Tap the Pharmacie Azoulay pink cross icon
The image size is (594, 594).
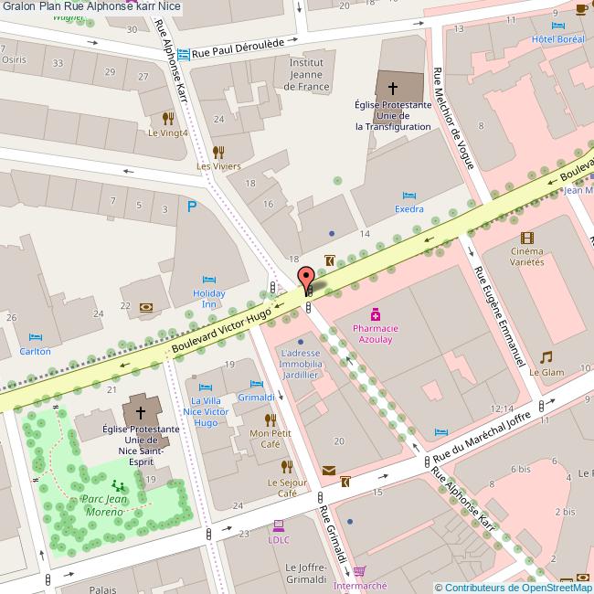pyautogui.click(x=375, y=313)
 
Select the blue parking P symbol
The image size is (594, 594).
pyautogui.click(x=191, y=207)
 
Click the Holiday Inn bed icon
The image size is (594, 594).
pyautogui.click(x=208, y=278)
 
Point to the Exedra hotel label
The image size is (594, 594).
pyautogui.click(x=408, y=209)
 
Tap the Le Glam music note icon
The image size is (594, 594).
pyautogui.click(x=546, y=356)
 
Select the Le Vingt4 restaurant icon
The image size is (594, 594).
pyautogui.click(x=167, y=118)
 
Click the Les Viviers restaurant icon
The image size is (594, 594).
pyautogui.click(x=218, y=152)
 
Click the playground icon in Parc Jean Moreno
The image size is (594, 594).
pyautogui.click(x=117, y=486)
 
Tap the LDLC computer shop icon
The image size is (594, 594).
pyautogui.click(x=278, y=525)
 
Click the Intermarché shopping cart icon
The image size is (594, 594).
pyautogui.click(x=359, y=571)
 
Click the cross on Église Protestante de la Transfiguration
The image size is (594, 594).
pyautogui.click(x=393, y=89)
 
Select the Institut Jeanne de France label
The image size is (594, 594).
pyautogui.click(x=306, y=74)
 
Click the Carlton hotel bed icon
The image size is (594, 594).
pyautogui.click(x=36, y=337)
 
